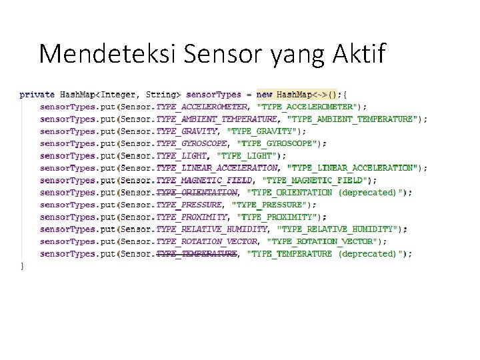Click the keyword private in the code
point(37,95)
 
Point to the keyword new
point(264,95)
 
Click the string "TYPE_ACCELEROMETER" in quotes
point(307,107)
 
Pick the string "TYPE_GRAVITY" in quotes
point(260,131)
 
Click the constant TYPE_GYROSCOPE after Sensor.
point(192,143)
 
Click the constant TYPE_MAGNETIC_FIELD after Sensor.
point(204,180)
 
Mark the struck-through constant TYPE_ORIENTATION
point(197,193)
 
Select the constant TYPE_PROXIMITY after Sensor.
point(192,217)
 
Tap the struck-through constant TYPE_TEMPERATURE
point(197,253)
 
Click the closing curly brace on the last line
point(22,266)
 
